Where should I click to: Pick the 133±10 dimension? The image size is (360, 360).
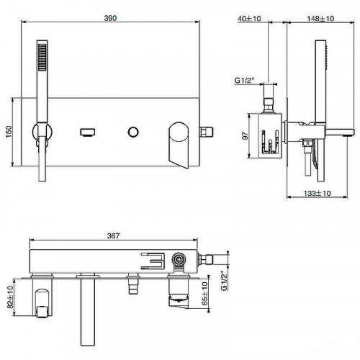pos(318,193)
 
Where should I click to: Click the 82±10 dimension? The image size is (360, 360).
pos(9,295)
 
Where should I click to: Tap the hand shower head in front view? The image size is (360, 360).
pos(43,59)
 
